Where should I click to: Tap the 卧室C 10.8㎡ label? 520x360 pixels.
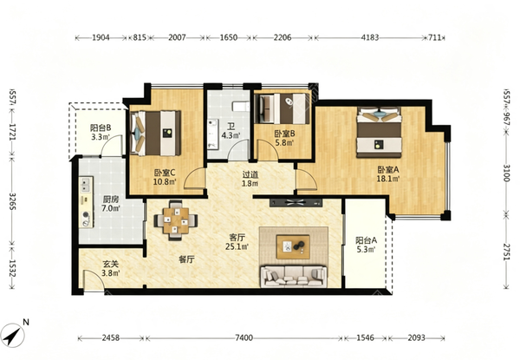165,177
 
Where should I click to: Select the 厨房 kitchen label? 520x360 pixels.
110,204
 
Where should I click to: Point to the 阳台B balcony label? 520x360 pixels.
101,132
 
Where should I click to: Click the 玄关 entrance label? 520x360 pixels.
110,268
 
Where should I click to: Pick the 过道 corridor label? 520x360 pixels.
250,179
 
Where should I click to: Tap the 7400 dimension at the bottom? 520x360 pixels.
244,338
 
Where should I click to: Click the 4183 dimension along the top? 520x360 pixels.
370,37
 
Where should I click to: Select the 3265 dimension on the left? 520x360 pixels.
12,201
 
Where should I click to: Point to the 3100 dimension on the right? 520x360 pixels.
506,173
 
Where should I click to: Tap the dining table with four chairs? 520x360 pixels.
176,220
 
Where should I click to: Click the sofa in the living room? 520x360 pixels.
294,276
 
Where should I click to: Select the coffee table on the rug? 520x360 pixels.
293,247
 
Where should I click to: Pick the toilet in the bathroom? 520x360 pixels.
241,107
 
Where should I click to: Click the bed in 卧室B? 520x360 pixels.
284,108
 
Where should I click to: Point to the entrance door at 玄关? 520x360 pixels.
94,281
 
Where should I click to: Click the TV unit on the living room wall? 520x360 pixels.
296,202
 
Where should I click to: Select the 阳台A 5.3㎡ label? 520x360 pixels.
366,245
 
